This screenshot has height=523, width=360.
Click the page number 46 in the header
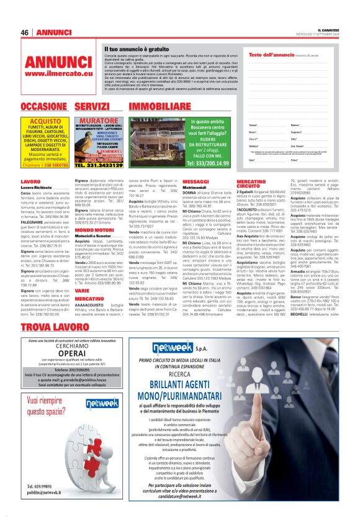(25, 32)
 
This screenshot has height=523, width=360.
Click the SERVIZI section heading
(92, 107)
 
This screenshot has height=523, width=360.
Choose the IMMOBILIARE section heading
(155, 107)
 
